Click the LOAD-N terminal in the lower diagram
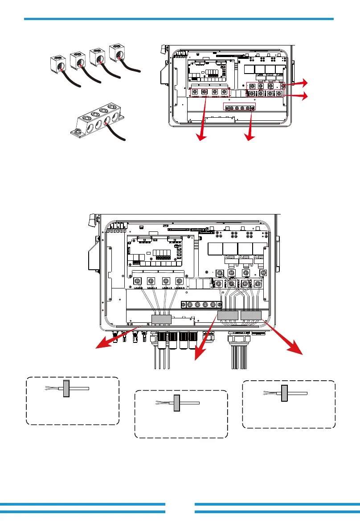[x=138, y=282]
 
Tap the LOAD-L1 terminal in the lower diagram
[x=151, y=282]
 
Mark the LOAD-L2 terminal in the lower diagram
[x=166, y=282]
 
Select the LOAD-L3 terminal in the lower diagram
[x=179, y=282]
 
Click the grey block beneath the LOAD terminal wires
[x=161, y=319]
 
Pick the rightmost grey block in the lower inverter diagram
[x=250, y=316]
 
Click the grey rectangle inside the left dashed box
[x=66, y=389]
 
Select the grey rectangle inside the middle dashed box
[x=176, y=403]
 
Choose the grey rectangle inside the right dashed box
[x=284, y=393]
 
